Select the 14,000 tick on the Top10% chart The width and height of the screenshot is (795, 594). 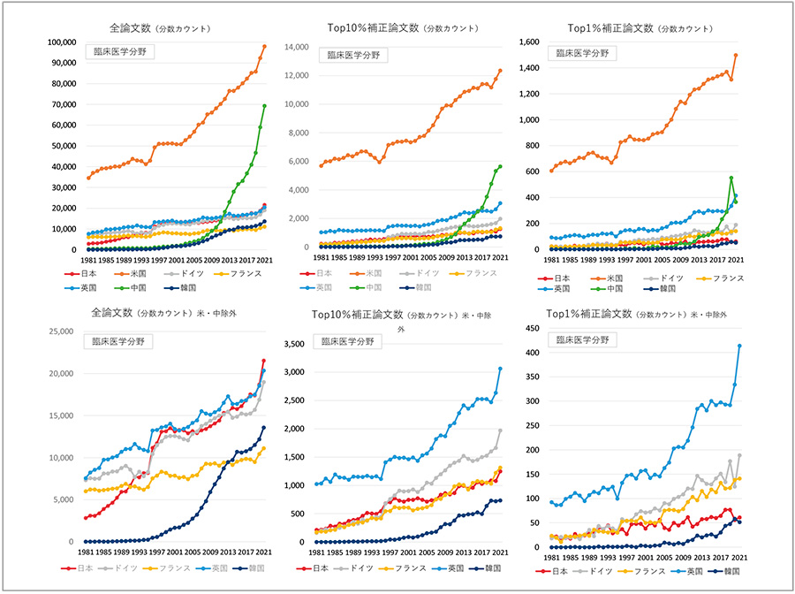coord(298,47)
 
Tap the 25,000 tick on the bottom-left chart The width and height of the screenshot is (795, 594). coord(57,331)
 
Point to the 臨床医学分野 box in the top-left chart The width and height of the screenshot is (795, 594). coord(121,51)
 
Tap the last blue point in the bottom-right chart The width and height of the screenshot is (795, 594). coord(739,346)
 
